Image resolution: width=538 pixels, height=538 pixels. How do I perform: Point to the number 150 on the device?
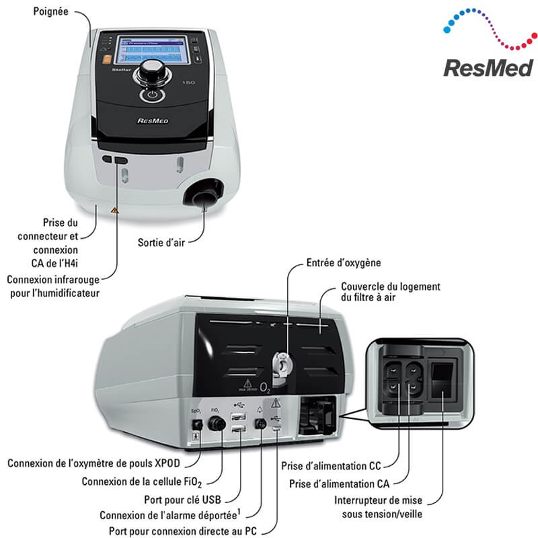[190, 83]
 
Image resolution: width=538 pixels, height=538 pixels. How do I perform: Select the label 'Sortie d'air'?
[163, 241]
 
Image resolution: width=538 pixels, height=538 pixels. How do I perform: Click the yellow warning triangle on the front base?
[114, 210]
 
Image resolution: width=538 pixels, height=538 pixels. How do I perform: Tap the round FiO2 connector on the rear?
[217, 425]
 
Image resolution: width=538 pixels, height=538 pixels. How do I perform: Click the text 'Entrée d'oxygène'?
[343, 263]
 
